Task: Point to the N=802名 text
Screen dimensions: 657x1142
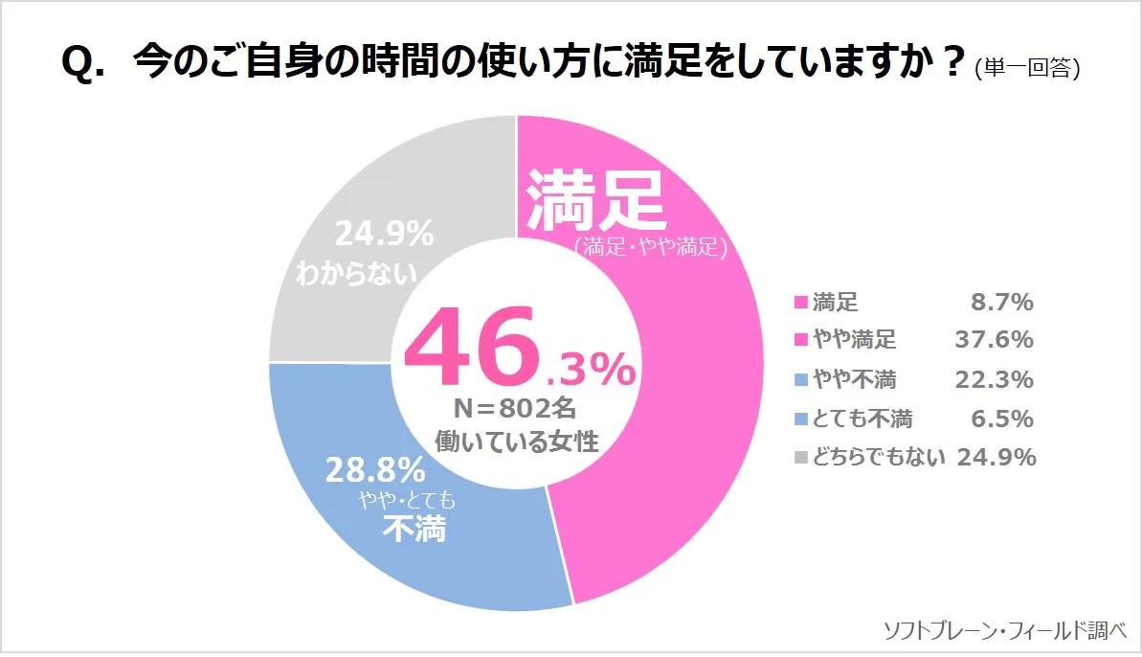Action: [x=515, y=409]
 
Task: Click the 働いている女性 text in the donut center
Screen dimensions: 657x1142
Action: [x=516, y=442]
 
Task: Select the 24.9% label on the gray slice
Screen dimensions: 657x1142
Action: [x=384, y=234]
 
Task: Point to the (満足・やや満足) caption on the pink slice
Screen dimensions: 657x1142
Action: [x=651, y=248]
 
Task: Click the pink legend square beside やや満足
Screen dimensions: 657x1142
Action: [x=801, y=341]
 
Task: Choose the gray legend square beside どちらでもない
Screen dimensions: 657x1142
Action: [x=801, y=458]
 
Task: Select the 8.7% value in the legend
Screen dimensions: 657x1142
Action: [x=1001, y=303]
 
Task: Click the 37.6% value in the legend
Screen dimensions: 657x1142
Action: [x=994, y=340]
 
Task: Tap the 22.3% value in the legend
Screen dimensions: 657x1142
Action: [x=994, y=379]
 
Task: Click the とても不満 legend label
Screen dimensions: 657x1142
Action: [x=862, y=419]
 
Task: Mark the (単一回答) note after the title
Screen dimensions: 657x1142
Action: [x=1027, y=68]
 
